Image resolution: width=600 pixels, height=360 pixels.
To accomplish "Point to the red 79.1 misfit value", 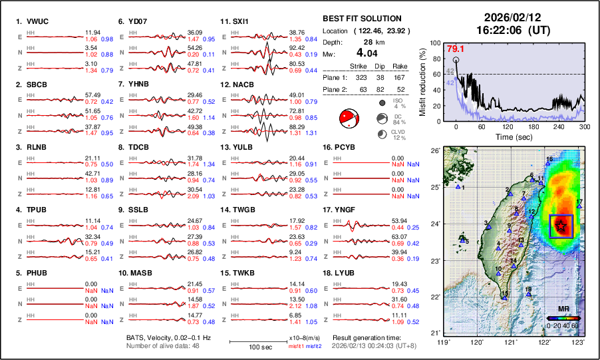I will pos(455,49).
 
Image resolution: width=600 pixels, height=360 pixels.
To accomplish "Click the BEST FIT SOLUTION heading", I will pos(362,19).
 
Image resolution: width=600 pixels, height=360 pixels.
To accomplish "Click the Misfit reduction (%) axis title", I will pos(422,82).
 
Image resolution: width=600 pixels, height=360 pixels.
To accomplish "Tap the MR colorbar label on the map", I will pos(563,309).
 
